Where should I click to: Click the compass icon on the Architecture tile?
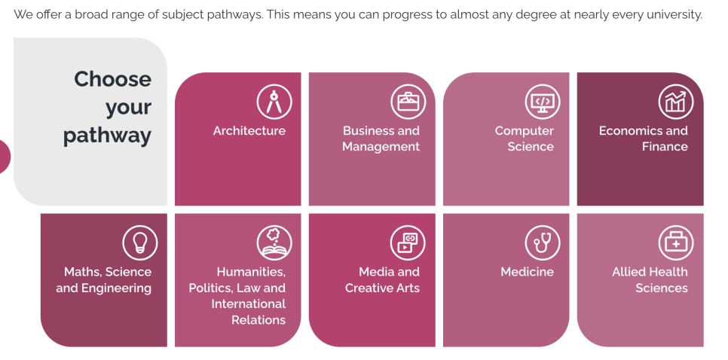[x=274, y=102]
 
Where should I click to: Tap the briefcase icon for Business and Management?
[x=408, y=102]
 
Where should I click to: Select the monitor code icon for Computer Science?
[x=543, y=102]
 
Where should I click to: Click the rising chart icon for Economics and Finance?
[x=675, y=102]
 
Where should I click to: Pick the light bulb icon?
[x=139, y=243]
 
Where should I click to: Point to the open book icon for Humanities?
[x=274, y=243]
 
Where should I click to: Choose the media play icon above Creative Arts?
[x=408, y=243]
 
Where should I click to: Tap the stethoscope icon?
[x=543, y=243]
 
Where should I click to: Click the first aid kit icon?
[x=675, y=243]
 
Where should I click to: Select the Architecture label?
[x=249, y=131]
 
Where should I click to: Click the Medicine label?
[x=527, y=272]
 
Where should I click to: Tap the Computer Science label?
[x=525, y=139]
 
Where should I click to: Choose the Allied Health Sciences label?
[x=650, y=279]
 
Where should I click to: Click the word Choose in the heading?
[x=113, y=79]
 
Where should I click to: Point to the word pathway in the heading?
[x=107, y=136]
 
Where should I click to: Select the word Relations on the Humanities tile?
[x=258, y=319]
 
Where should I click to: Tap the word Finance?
[x=665, y=147]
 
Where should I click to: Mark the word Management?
[x=381, y=147]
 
